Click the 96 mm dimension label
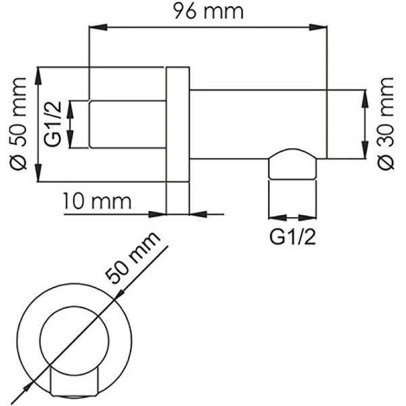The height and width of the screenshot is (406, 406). pyautogui.click(x=207, y=12)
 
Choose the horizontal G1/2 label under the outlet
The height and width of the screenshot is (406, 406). pyautogui.click(x=292, y=238)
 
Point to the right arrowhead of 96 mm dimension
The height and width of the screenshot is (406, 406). pyautogui.click(x=321, y=28)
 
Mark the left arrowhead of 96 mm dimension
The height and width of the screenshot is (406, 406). pyautogui.click(x=95, y=28)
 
